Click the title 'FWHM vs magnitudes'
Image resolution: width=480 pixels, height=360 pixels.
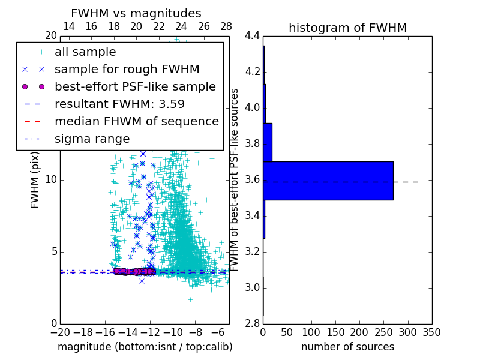[x=136, y=13]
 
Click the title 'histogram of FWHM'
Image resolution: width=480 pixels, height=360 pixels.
[x=347, y=28]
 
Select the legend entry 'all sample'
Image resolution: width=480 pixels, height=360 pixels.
[x=85, y=52]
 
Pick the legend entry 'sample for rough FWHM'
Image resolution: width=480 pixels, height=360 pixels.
[x=127, y=69]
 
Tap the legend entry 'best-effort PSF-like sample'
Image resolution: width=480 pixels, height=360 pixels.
[x=135, y=86]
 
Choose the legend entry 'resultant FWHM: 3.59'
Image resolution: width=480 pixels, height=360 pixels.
[x=119, y=104]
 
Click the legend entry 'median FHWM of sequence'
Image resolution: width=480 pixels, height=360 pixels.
[x=136, y=121]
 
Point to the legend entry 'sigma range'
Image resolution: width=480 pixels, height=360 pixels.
[x=92, y=139]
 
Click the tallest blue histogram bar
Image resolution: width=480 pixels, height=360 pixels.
[x=328, y=181]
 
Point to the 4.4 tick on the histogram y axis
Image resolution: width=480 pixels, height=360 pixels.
[x=253, y=36]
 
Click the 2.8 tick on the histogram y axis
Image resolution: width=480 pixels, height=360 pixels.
[x=253, y=323]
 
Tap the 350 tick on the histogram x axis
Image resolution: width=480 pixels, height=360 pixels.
[x=431, y=332]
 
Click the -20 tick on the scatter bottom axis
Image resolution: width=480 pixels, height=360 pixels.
[x=60, y=332]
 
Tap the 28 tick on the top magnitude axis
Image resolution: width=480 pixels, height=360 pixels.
[x=226, y=26]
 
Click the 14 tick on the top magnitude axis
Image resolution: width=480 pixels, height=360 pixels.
[x=69, y=26]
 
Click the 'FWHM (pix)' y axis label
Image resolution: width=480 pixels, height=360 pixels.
[x=35, y=180]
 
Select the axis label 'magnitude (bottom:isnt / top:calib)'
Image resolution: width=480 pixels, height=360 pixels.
[x=145, y=347]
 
